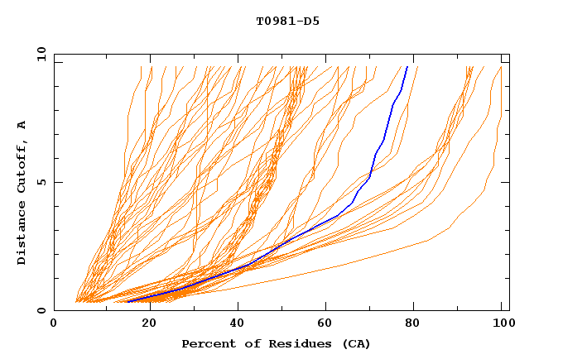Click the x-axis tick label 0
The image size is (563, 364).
pyautogui.click(x=54, y=323)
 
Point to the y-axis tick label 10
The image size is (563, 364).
pyautogui.click(x=41, y=55)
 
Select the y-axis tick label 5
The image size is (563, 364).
pyautogui.click(x=44, y=182)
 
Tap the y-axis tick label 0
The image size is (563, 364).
pyautogui.click(x=44, y=310)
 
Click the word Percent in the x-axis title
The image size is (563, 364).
pyautogui.click(x=205, y=343)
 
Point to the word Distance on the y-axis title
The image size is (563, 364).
pyautogui.click(x=22, y=232)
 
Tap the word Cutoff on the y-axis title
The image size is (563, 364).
pyautogui.click(x=22, y=165)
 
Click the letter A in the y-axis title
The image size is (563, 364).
pyautogui.click(x=22, y=125)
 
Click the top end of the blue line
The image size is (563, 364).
pyautogui.click(x=407, y=67)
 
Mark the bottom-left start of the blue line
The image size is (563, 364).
pyautogui.click(x=128, y=302)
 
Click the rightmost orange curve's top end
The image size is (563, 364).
pyautogui.click(x=502, y=67)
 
